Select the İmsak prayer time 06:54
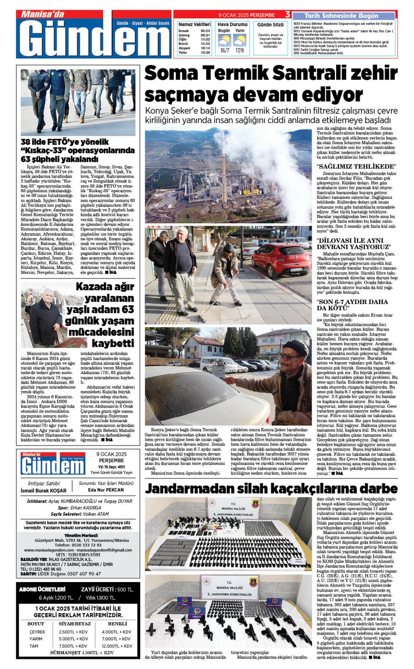[x=205, y=31]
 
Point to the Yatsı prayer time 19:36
[x=205, y=53]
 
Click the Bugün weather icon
[x=224, y=41]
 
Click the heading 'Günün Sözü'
[x=270, y=25]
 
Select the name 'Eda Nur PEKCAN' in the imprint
[x=106, y=490]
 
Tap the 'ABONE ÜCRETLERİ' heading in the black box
[x=42, y=589]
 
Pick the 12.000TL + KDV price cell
[x=117, y=646]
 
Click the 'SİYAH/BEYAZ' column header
[x=75, y=623]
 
